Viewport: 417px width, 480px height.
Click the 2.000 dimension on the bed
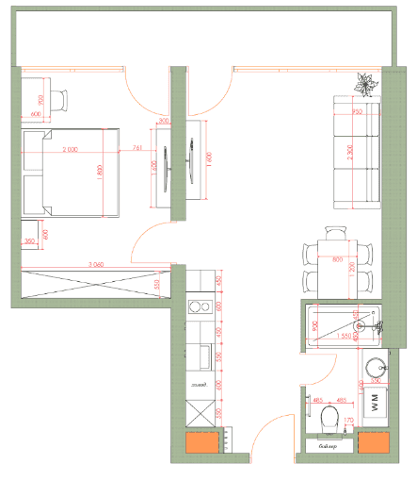point(71,150)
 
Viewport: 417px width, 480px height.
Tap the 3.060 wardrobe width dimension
point(94,265)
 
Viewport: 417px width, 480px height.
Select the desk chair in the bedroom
point(59,99)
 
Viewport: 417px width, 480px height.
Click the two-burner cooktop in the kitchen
point(199,306)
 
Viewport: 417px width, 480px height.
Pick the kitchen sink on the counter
point(200,356)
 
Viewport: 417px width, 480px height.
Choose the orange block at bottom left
point(201,444)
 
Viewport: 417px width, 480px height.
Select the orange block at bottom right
point(373,444)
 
